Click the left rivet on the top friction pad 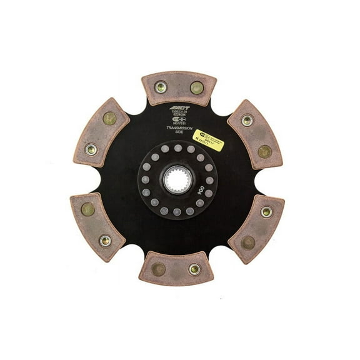pyautogui.click(x=161, y=87)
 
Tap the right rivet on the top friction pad pyautogui.click(x=196, y=87)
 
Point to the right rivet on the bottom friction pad pyautogui.click(x=194, y=269)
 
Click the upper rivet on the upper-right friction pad pyautogui.click(x=247, y=120)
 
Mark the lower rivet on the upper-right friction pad pyautogui.click(x=265, y=151)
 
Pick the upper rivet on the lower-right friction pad pyautogui.click(x=266, y=212)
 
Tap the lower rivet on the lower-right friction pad pyautogui.click(x=248, y=242)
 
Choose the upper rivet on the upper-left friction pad pyautogui.click(x=109, y=117)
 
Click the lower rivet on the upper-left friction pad pyautogui.click(x=91, y=149)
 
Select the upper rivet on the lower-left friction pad pyautogui.click(x=88, y=209)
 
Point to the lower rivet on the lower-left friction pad pyautogui.click(x=105, y=240)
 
